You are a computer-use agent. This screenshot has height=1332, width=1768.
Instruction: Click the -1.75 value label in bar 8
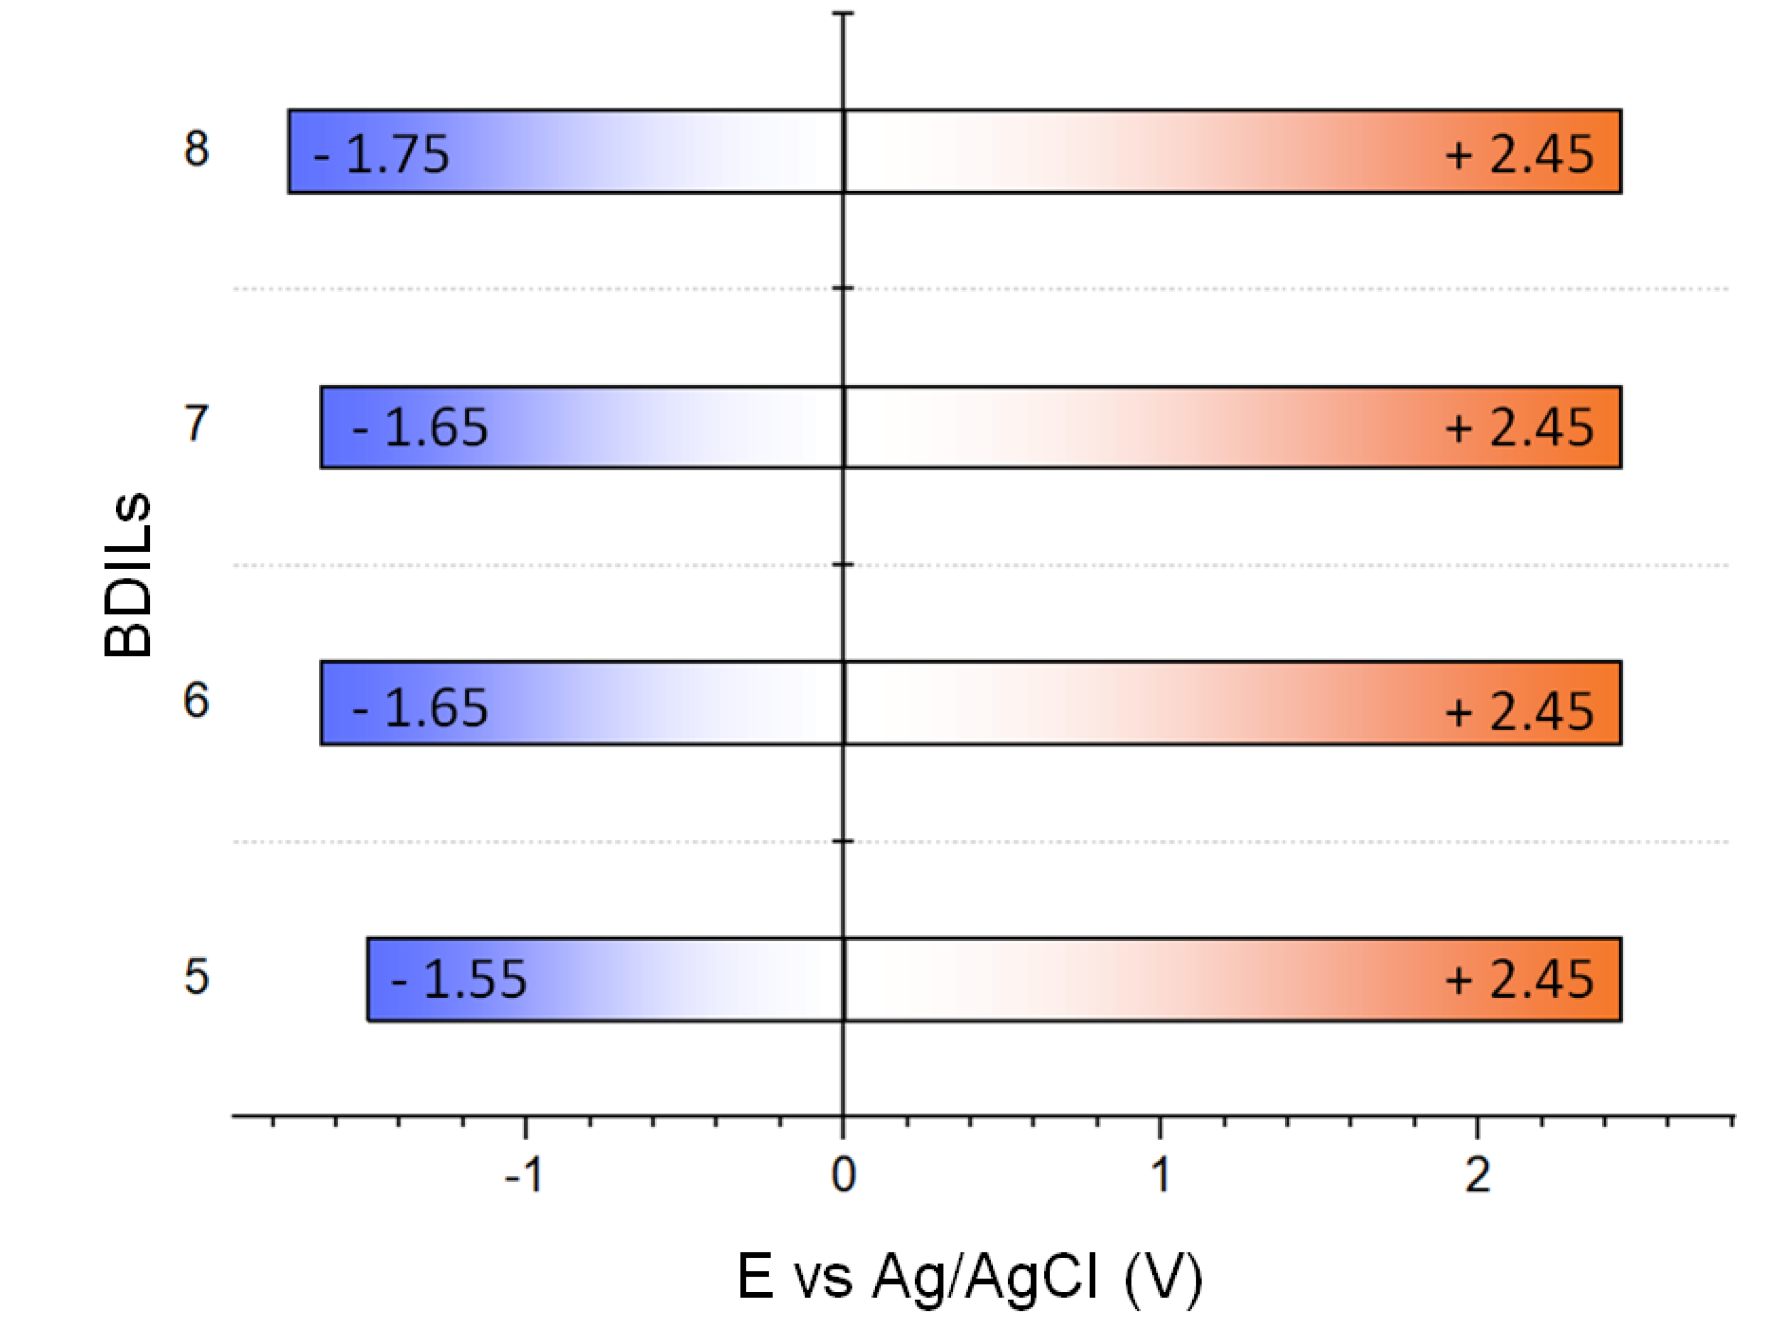click(x=382, y=154)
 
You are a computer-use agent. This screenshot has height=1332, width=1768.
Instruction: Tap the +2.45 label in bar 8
click(x=1519, y=154)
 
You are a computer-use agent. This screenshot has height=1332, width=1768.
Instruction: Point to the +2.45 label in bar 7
click(x=1519, y=427)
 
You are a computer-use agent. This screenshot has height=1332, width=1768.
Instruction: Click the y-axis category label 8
click(x=196, y=149)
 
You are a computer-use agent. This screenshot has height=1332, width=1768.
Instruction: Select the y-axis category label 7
click(x=196, y=424)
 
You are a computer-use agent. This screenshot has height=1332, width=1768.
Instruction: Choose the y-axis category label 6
click(x=196, y=700)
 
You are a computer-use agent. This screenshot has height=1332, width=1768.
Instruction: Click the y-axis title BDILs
click(x=128, y=574)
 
